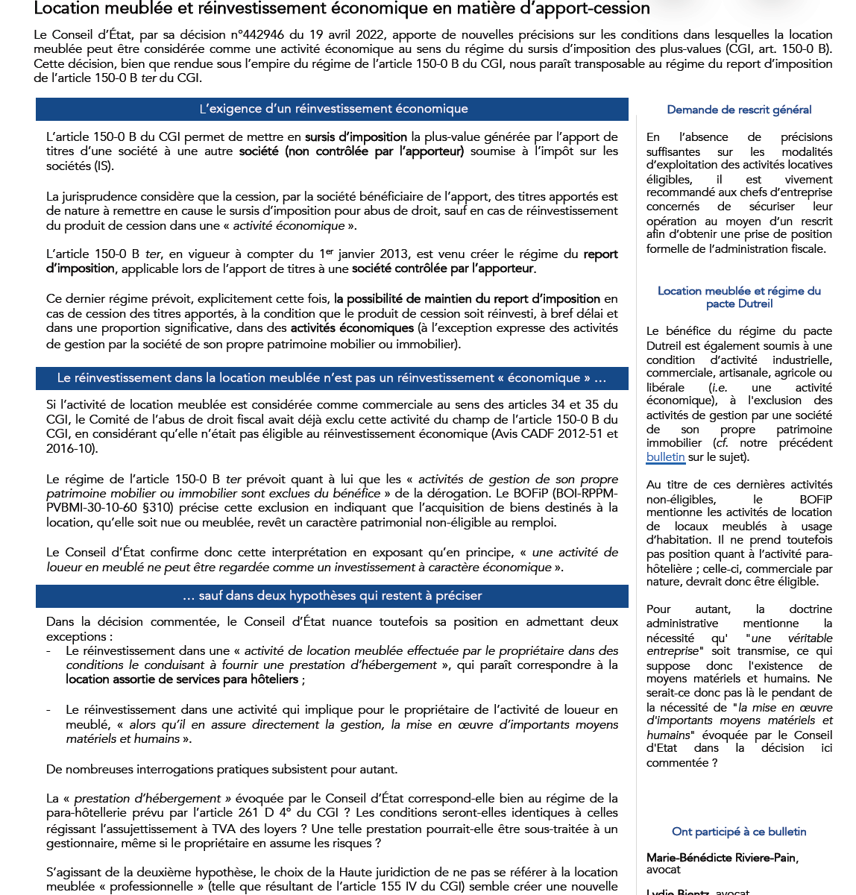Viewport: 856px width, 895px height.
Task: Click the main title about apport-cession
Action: click(x=342, y=9)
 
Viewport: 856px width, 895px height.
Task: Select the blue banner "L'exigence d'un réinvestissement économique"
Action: click(x=333, y=109)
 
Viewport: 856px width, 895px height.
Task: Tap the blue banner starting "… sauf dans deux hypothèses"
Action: click(x=333, y=596)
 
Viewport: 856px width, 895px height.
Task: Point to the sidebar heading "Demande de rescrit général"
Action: click(x=739, y=110)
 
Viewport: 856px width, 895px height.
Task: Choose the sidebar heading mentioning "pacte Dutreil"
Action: click(x=739, y=297)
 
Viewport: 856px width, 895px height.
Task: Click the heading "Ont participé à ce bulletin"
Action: click(x=739, y=832)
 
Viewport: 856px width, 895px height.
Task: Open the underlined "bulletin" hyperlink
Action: click(x=665, y=457)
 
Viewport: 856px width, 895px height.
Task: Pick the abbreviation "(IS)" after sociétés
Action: click(x=104, y=166)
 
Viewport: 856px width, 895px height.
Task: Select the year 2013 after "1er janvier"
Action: click(x=393, y=254)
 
